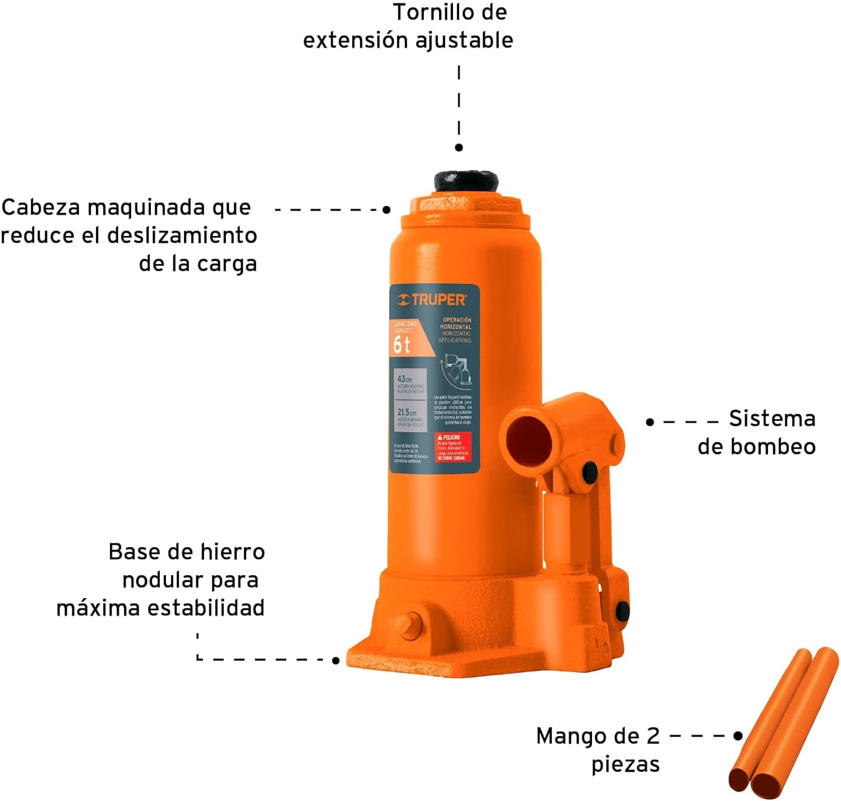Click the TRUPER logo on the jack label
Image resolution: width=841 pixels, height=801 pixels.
pyautogui.click(x=432, y=300)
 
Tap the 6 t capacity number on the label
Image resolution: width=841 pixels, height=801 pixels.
pyautogui.click(x=401, y=345)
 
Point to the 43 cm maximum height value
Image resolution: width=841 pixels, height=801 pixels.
pyautogui.click(x=404, y=379)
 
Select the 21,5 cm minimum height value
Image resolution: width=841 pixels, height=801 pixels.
pyautogui.click(x=406, y=413)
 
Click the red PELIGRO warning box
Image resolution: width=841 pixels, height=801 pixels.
pyautogui.click(x=453, y=447)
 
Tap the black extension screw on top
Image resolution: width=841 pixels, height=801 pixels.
pyautogui.click(x=465, y=182)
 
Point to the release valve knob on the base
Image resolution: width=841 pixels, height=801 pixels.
pyautogui.click(x=413, y=623)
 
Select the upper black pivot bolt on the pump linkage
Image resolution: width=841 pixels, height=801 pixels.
pyautogui.click(x=589, y=471)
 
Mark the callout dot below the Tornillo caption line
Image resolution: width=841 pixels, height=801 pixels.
pyautogui.click(x=459, y=147)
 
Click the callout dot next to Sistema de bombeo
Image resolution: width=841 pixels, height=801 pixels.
pyautogui.click(x=650, y=422)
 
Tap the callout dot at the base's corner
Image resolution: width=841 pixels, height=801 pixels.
pyautogui.click(x=336, y=660)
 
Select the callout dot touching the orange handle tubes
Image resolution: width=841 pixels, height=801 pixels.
pyautogui.click(x=738, y=735)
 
